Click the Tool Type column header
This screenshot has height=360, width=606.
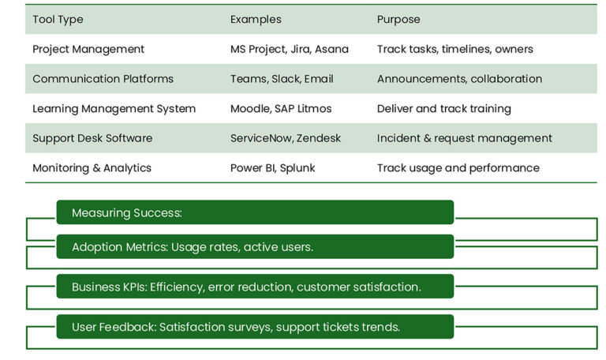tap(58, 19)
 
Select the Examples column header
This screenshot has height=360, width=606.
tap(256, 19)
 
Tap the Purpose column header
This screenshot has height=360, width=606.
tap(398, 19)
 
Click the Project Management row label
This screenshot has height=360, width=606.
tap(88, 49)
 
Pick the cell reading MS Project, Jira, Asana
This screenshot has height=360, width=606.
tap(289, 49)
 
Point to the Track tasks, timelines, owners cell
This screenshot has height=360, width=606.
tap(454, 49)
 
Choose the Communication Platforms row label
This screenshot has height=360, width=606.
tap(103, 79)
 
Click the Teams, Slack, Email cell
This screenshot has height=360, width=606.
tap(282, 79)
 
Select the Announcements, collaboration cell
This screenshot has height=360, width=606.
tap(459, 79)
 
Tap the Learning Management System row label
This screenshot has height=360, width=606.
tap(114, 109)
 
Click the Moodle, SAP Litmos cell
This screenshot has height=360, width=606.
tap(281, 109)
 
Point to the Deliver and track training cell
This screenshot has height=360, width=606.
tap(443, 109)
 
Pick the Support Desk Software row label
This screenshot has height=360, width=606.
tap(92, 138)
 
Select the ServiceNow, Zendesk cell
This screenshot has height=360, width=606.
tap(286, 138)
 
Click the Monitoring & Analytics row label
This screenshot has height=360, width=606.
tap(92, 168)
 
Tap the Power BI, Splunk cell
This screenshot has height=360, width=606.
tap(272, 168)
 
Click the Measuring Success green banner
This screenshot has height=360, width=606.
tap(255, 212)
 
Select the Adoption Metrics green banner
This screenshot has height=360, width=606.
tap(255, 246)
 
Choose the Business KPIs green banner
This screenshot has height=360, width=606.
tap(255, 287)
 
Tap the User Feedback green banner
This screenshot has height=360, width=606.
tap(255, 327)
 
